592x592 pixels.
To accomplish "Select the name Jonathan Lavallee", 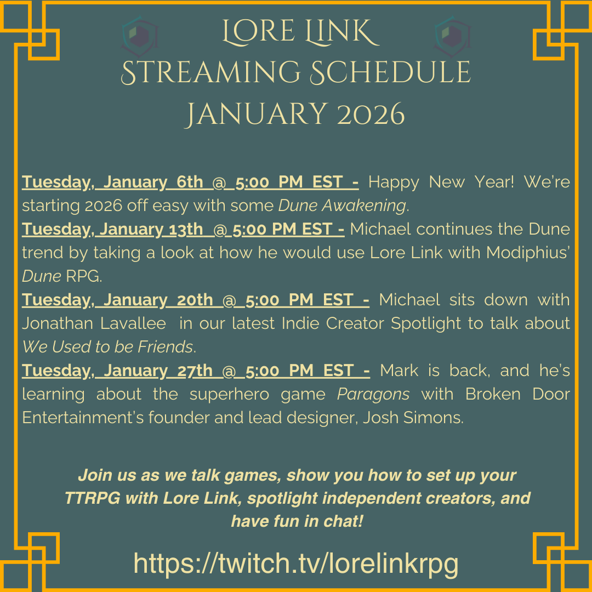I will tap(94, 323).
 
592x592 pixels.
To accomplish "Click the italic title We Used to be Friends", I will tap(109, 347).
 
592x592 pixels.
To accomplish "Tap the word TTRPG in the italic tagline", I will tap(92, 498).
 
